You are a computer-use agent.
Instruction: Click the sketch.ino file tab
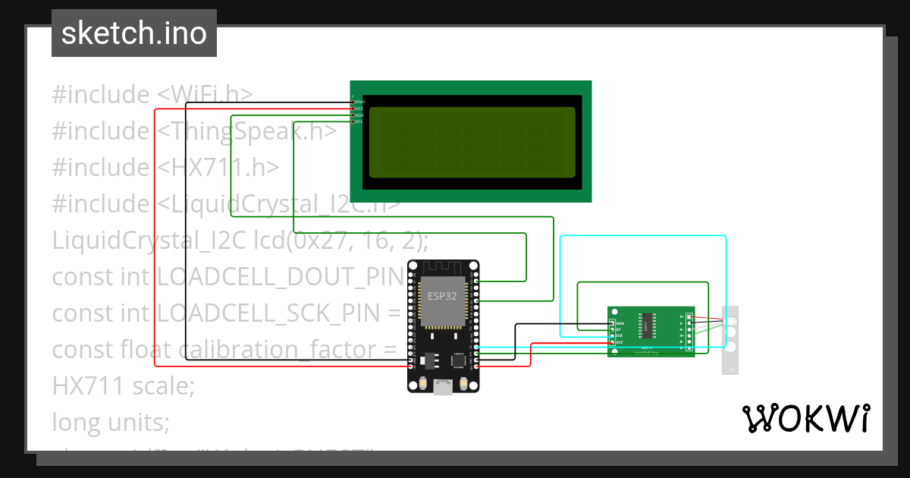tap(134, 33)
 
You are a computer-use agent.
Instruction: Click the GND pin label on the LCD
tap(360, 102)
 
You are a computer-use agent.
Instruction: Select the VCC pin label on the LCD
tap(360, 108)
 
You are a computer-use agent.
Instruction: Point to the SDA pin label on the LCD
tap(360, 115)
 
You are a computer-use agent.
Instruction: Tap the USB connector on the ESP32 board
tap(443, 387)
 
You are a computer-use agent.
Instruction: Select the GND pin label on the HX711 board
tap(619, 323)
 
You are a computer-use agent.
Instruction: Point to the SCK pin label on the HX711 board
tap(619, 335)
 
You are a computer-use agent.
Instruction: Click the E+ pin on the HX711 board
tap(682, 316)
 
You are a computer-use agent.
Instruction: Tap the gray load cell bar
tap(730, 340)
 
